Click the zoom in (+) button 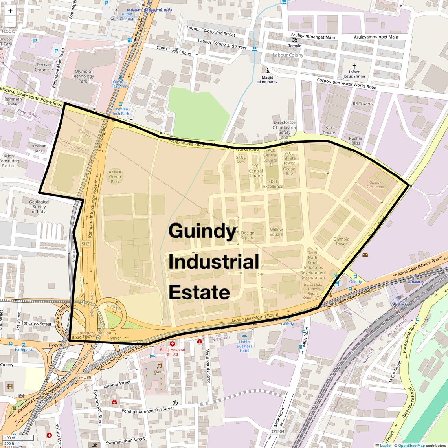(10, 11)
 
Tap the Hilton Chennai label (127, 16)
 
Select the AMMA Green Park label (115, 177)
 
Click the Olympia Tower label (341, 241)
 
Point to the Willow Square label (276, 232)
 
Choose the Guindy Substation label (375, 185)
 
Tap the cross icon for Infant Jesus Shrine (354, 66)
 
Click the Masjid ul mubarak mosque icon (268, 71)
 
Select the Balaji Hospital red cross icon (172, 343)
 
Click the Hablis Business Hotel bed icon (244, 336)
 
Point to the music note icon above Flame (159, 365)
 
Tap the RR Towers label (362, 104)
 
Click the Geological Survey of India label (39, 207)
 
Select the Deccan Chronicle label (44, 67)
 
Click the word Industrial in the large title (214, 262)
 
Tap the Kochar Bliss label (356, 141)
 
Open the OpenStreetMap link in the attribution (411, 445)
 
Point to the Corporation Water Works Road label (347, 83)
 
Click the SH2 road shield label (86, 244)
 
